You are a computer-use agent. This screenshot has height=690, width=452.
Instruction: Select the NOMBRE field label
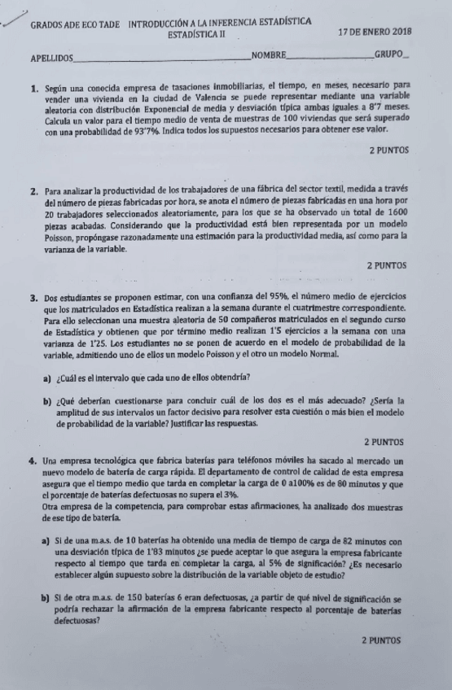coord(270,55)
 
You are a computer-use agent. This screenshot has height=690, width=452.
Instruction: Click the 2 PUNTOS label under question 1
coord(389,151)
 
